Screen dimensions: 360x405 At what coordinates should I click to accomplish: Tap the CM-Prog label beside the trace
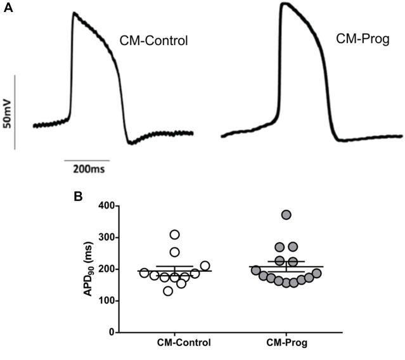(362, 40)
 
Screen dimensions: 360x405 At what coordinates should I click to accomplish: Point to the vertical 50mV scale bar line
(16, 113)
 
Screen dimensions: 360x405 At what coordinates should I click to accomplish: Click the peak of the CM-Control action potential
(74, 12)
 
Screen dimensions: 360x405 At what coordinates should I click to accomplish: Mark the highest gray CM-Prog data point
(286, 215)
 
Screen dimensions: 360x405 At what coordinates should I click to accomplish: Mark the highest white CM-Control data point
(174, 235)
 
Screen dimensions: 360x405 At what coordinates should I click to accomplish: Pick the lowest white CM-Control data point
(167, 291)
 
